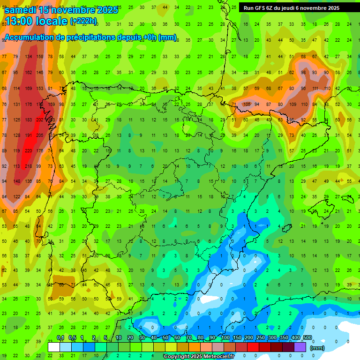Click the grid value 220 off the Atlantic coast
(29, 151)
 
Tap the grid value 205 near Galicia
(40, 135)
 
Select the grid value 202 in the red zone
(40, 120)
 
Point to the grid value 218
(29, 166)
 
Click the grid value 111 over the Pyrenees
(315, 88)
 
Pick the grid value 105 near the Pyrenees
(248, 104)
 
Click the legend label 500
(307, 338)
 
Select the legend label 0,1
(60, 338)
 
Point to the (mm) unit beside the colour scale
(317, 348)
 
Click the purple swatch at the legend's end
(300, 347)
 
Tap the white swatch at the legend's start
(54, 347)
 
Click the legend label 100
(225, 338)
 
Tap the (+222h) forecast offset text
(83, 21)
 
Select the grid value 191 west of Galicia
(29, 135)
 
